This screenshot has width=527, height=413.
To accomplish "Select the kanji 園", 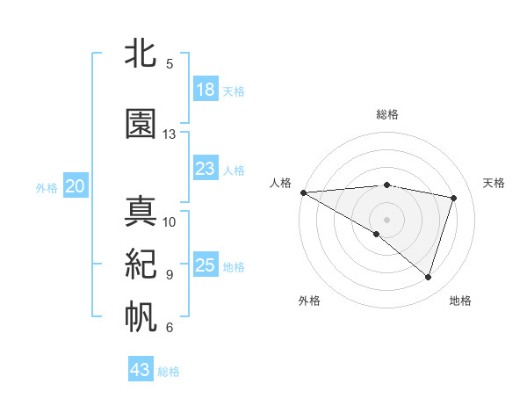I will pyautogui.click(x=141, y=124).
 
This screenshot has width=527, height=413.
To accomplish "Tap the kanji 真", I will pyautogui.click(x=141, y=212).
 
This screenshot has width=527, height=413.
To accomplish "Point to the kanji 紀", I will pyautogui.click(x=141, y=264).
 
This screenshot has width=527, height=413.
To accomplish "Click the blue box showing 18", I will pyautogui.click(x=206, y=90).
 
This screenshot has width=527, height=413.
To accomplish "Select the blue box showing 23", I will pyautogui.click(x=206, y=169).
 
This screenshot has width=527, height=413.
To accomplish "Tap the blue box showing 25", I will pyautogui.click(x=206, y=265).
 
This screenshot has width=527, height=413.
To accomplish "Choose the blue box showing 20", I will pyautogui.click(x=76, y=186).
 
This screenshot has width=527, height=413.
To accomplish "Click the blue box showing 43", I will pyautogui.click(x=141, y=370).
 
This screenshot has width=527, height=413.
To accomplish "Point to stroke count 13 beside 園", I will pyautogui.click(x=170, y=134).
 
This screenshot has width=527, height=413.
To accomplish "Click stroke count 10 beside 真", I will pyautogui.click(x=170, y=221).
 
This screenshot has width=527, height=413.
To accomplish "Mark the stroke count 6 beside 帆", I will pyautogui.click(x=170, y=328).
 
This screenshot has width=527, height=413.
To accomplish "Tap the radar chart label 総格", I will pyautogui.click(x=386, y=115).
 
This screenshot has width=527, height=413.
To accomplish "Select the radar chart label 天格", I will pyautogui.click(x=494, y=183).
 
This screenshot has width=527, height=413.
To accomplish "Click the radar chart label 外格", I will pyautogui.click(x=309, y=301).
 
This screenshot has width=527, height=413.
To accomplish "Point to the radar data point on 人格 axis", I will pyautogui.click(x=303, y=192).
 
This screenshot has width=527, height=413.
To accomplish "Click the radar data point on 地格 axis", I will pyautogui.click(x=428, y=278).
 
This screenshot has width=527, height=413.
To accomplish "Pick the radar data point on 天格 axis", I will pyautogui.click(x=453, y=198).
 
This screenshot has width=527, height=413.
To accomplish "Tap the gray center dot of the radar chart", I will pyautogui.click(x=386, y=218).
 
